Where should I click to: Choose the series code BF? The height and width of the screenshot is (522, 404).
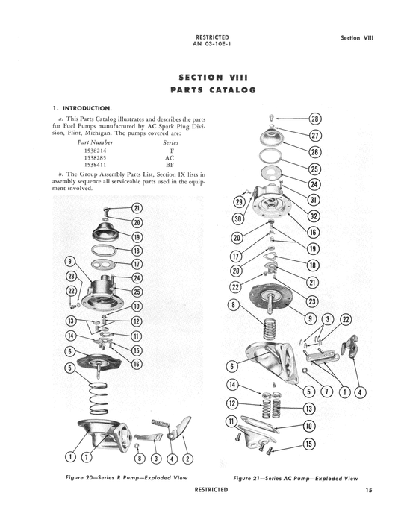pyautogui.click(x=168, y=166)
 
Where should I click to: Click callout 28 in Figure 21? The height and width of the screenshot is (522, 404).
pyautogui.click(x=314, y=119)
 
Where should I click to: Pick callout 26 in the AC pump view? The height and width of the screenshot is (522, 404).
pyautogui.click(x=314, y=152)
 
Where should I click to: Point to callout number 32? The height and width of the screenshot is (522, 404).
pyautogui.click(x=314, y=216)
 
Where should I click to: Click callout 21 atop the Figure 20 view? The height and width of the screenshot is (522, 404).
pyautogui.click(x=137, y=208)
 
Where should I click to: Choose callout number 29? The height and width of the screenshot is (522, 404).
pyautogui.click(x=239, y=202)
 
